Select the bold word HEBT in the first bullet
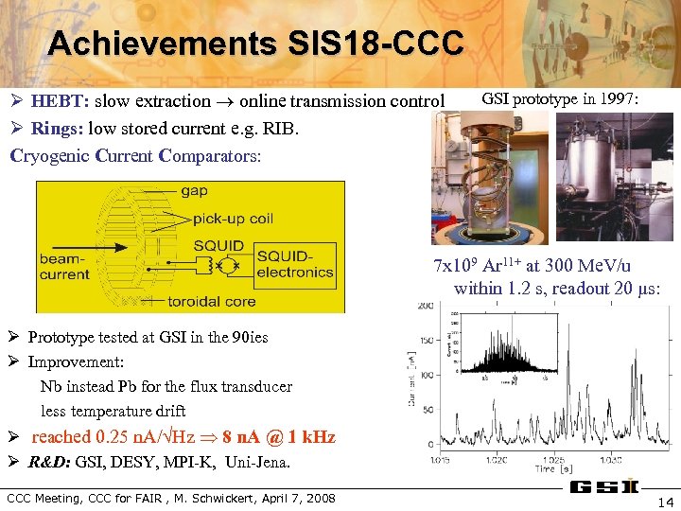point(58,101)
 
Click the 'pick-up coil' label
point(233,218)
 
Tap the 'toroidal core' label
point(213,301)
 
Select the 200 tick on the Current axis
point(427,306)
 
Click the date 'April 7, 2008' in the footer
point(291,498)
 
